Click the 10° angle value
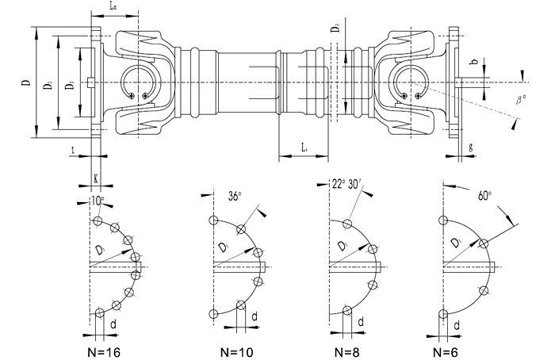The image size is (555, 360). [97, 201]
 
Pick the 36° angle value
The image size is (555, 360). [235, 196]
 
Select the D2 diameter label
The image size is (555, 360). [71, 83]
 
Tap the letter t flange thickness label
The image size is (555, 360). [73, 148]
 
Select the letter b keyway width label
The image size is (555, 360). [473, 61]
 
